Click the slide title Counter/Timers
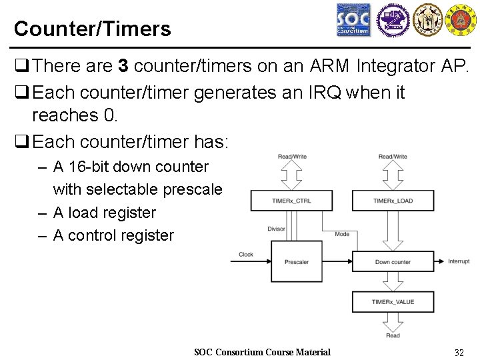(92, 29)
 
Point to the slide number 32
(459, 352)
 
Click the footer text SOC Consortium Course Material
(262, 352)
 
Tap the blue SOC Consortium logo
(353, 21)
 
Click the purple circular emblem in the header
(391, 20)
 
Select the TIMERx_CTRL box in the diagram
(291, 201)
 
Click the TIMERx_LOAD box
(393, 201)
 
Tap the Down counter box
(393, 262)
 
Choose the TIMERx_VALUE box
(393, 302)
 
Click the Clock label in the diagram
(246, 254)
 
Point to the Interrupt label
(459, 261)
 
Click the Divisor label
(276, 229)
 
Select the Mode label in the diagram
(342, 234)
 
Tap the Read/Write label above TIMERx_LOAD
(393, 157)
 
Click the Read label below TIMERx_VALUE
(393, 335)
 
